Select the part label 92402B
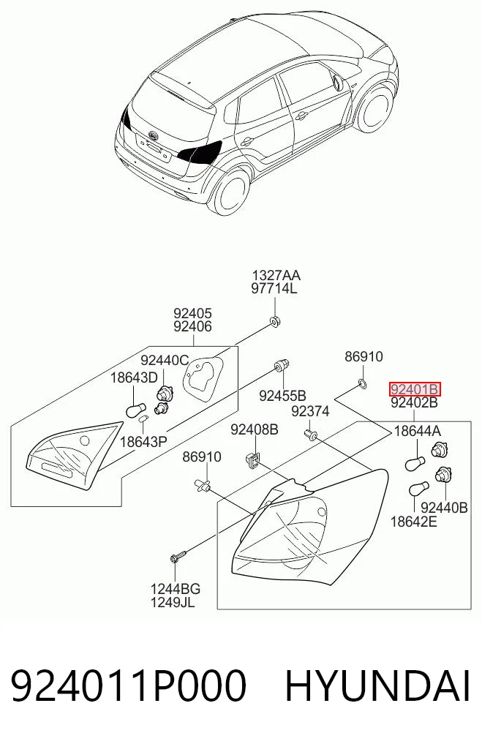tap(414, 403)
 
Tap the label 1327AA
tap(276, 275)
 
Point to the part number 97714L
tap(274, 288)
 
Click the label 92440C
tap(165, 361)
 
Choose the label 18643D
tap(134, 378)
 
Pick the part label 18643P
tap(143, 442)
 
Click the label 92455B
tap(283, 396)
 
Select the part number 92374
tap(310, 411)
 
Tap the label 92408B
tap(255, 430)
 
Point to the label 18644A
tap(418, 431)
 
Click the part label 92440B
tap(444, 508)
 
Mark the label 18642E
tap(414, 522)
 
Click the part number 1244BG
tap(176, 589)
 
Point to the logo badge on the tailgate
tap(153, 135)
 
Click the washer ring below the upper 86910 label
tap(361, 383)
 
